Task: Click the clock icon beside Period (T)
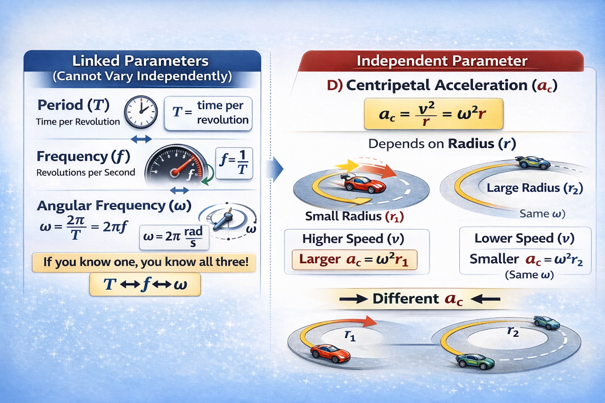[x=141, y=112]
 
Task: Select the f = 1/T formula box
[x=234, y=163]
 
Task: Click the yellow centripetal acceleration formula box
[x=433, y=114]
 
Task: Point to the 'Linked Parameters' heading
[x=140, y=61]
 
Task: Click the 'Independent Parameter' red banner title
[x=442, y=61]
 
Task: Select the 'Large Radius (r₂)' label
[x=534, y=188]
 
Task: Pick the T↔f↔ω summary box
[x=145, y=284]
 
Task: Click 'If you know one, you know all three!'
[x=145, y=262]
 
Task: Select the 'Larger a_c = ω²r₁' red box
[x=354, y=260]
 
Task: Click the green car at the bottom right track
[x=475, y=361]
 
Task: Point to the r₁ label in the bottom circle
[x=350, y=336]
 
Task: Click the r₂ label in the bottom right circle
[x=513, y=331]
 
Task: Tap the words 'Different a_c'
[x=418, y=299]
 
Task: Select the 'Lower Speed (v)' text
[x=524, y=238]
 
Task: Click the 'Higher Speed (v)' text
[x=353, y=239]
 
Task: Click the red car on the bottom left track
[x=330, y=353]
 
